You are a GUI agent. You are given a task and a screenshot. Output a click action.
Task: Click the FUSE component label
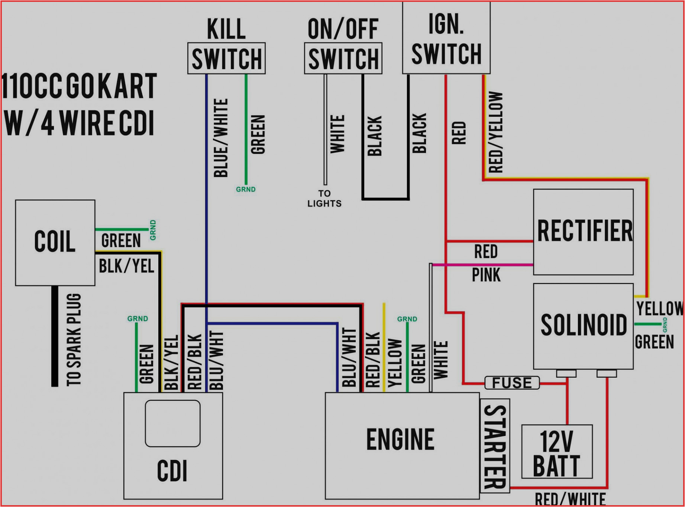tap(512, 383)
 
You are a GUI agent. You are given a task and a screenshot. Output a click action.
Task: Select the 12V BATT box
tap(557, 452)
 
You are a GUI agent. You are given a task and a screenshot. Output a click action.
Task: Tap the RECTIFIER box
tap(583, 232)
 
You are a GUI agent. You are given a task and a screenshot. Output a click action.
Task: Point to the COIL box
tap(55, 242)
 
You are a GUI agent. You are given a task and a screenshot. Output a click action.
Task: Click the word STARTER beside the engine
tap(495, 446)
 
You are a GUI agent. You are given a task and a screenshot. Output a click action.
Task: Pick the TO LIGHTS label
tap(324, 198)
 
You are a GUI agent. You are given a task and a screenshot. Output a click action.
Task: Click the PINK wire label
tap(486, 275)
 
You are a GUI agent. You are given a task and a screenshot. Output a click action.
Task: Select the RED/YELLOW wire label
tap(495, 132)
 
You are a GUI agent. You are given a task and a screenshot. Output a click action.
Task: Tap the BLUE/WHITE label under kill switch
tap(221, 138)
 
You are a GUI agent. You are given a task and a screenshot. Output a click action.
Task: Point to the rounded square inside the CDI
tap(172, 423)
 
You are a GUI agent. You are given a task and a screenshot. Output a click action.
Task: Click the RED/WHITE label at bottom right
tap(570, 499)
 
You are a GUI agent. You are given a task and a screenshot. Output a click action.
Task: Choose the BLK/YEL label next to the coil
tap(126, 266)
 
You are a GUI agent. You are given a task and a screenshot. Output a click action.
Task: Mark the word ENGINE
tap(400, 439)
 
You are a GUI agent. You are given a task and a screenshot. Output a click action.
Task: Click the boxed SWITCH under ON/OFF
tap(343, 59)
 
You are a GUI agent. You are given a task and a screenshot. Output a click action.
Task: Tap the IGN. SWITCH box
tap(446, 38)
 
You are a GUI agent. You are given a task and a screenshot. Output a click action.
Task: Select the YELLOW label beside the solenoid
tap(659, 309)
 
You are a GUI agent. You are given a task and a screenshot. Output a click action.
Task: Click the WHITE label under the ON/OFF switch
tap(337, 134)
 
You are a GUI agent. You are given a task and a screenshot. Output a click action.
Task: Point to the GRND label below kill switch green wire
tap(246, 190)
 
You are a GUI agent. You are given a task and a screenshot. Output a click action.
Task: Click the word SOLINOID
tap(583, 325)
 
